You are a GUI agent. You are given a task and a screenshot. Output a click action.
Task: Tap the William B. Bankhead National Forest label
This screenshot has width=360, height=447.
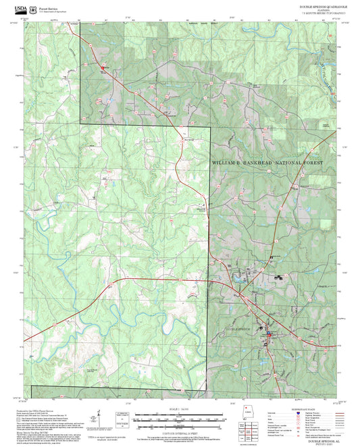pos(267,163)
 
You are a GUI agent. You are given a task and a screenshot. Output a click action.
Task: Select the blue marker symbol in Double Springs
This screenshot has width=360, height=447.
pos(268,333)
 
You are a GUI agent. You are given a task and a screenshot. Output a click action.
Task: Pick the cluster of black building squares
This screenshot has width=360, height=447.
pos(278,278)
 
